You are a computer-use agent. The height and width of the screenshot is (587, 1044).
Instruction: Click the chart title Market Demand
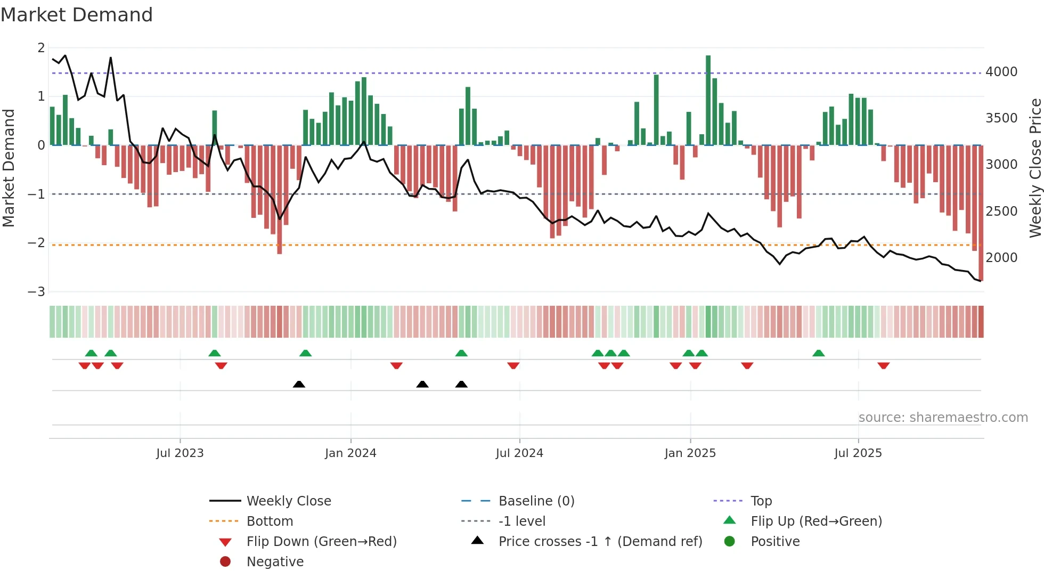(77, 15)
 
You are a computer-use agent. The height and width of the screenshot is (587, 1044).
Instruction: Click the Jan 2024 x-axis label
(350, 453)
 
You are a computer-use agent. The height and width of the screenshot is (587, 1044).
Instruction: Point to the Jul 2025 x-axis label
(858, 453)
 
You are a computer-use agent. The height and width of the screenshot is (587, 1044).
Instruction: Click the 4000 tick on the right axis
(1001, 71)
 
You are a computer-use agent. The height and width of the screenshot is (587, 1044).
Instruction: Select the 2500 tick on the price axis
(1001, 211)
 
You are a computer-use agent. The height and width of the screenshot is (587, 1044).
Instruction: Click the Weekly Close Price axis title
(1035, 168)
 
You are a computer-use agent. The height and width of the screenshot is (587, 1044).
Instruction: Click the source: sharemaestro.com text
(943, 417)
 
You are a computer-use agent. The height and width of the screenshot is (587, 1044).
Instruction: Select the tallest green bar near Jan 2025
(708, 100)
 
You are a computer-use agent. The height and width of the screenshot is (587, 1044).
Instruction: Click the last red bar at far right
(981, 213)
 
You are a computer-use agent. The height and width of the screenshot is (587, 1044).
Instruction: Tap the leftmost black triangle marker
(299, 384)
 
